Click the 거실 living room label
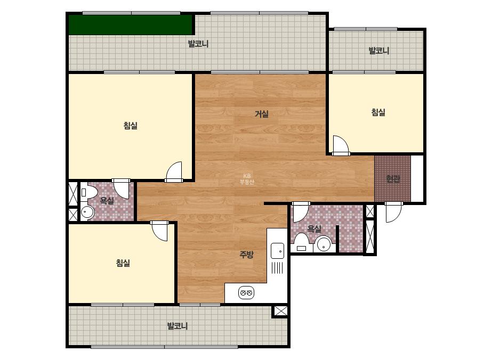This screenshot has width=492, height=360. point(261,114)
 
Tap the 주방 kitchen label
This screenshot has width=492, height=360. point(246,255)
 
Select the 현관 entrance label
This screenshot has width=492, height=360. point(392,179)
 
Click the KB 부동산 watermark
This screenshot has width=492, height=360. point(247,179)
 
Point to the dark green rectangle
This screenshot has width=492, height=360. point(131,24)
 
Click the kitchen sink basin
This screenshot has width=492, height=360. point(277,250)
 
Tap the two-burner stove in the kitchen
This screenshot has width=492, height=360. point(246,293)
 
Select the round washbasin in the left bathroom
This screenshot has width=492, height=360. point(87,212)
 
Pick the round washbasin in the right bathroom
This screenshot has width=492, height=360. point(324,244)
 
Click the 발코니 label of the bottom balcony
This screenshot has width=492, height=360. point(178,326)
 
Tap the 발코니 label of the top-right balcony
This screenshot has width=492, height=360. point(378,51)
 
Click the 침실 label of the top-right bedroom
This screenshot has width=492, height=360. point(378,112)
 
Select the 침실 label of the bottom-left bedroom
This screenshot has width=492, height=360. point(123,263)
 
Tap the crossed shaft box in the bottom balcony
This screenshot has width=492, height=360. point(281,311)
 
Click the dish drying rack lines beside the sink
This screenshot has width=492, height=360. point(277,268)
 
